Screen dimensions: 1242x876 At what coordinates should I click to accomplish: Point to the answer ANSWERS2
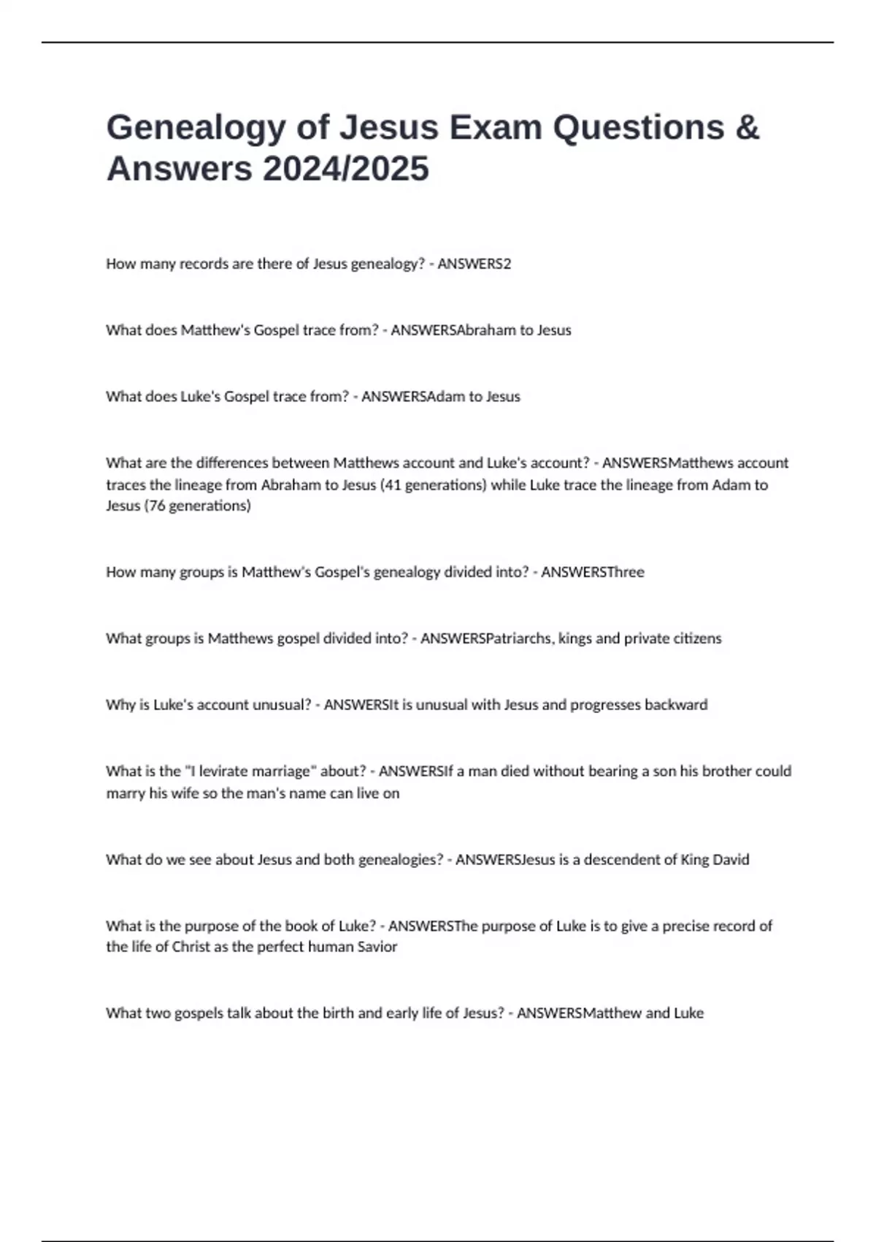[x=474, y=264]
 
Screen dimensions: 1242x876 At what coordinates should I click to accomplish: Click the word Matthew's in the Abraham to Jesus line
[x=215, y=330]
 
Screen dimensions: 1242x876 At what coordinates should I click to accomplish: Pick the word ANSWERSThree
[x=592, y=572]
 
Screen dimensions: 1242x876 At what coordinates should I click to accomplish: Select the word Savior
[x=377, y=947]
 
